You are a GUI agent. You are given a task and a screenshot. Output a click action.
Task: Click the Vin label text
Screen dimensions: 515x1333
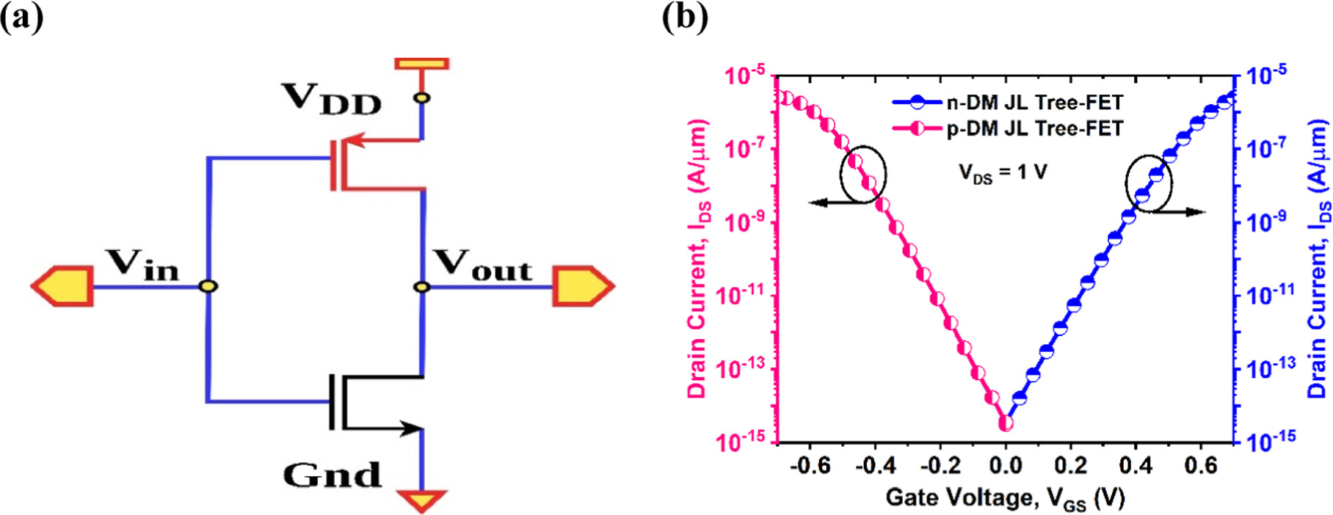point(142,266)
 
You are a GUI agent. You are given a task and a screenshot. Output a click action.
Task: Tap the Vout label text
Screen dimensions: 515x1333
point(482,266)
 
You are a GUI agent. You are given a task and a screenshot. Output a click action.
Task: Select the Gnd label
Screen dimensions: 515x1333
point(332,475)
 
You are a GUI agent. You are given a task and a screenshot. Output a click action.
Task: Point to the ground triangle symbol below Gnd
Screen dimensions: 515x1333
point(422,500)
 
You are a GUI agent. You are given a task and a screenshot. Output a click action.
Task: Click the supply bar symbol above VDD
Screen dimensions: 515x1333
point(422,64)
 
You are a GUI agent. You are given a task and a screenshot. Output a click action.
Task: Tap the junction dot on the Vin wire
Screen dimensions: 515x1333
point(209,286)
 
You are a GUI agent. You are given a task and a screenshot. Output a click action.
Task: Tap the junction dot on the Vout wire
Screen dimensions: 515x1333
point(422,286)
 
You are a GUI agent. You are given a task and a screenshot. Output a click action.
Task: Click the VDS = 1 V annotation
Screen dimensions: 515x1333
point(1003,174)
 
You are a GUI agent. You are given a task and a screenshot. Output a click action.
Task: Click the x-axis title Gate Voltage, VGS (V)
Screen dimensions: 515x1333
point(1005,499)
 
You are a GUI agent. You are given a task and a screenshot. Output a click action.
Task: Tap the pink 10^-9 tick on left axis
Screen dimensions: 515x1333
point(745,222)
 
